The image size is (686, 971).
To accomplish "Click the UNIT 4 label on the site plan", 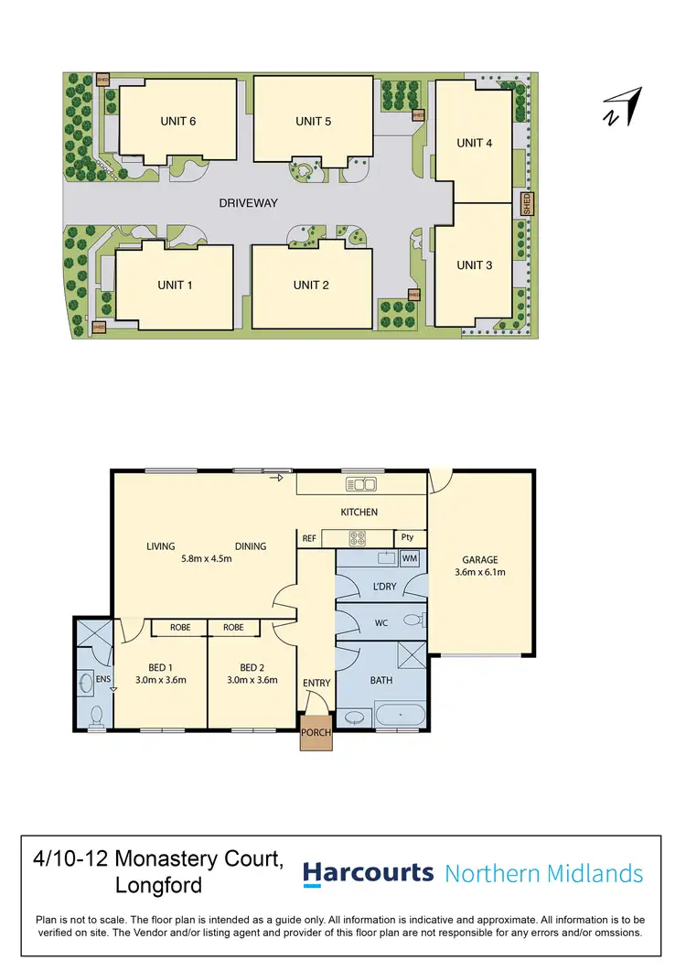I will (x=475, y=143).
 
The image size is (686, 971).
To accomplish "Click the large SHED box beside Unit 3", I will (x=526, y=203).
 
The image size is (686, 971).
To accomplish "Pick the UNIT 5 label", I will (x=313, y=121).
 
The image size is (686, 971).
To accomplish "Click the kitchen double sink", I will (x=360, y=484).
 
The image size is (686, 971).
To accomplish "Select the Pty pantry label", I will (x=407, y=538).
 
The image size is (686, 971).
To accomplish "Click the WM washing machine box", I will (x=409, y=557).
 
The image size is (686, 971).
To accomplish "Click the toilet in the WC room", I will (x=413, y=620).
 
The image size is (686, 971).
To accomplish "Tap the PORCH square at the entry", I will (x=316, y=732).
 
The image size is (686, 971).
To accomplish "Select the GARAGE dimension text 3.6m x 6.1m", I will (x=479, y=572).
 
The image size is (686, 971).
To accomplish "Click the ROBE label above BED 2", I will (x=233, y=628).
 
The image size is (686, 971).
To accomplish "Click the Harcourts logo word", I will (x=368, y=873).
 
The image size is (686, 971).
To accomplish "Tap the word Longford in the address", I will (x=158, y=886).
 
